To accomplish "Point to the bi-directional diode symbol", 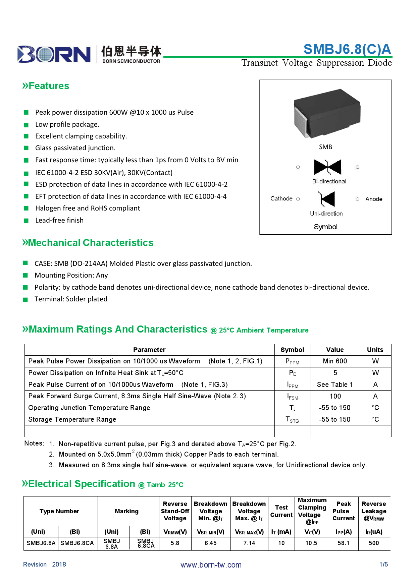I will click(327, 167).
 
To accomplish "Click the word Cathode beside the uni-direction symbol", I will click(281, 198).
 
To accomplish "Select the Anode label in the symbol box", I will click(374, 199).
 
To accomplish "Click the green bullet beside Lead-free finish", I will click(26, 221).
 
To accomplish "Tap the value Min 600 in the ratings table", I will click(335, 361).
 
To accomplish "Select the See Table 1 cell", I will click(335, 385).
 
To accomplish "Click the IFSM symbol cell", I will click(292, 397).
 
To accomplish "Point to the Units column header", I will click(375, 350).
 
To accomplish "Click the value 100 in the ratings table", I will click(335, 396).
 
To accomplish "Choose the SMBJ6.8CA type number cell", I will click(77, 543).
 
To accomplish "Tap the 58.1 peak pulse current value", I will click(343, 543).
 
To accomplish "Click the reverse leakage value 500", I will click(373, 543).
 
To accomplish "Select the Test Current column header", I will click(281, 511).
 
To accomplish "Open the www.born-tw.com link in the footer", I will click(211, 565).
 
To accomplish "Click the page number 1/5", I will click(383, 565).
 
